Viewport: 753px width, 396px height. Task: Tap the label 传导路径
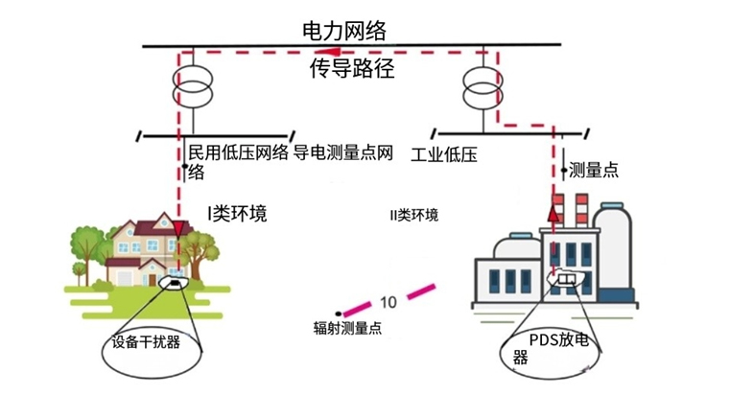coord(351,69)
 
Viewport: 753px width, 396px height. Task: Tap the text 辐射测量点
coord(347,328)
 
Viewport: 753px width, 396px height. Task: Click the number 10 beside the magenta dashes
coord(388,301)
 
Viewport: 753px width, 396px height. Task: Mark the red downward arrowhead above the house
coord(178,227)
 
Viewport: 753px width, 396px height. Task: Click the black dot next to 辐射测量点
coord(339,313)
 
